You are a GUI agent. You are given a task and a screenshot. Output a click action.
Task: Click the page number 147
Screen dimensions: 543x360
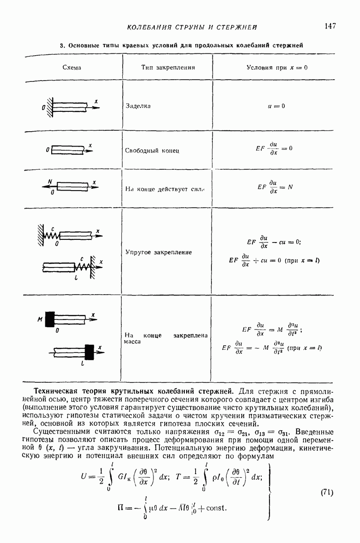tap(330, 26)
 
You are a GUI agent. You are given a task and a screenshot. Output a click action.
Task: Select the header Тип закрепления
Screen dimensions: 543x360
tap(168, 67)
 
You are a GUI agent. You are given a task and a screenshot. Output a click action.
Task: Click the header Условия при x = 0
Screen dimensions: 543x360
tap(277, 67)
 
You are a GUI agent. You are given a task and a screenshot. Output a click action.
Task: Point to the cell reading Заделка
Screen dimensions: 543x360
tap(138, 106)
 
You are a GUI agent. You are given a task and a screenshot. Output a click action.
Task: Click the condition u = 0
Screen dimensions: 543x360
tap(277, 106)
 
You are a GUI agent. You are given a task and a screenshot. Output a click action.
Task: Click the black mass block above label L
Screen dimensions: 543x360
tap(90, 352)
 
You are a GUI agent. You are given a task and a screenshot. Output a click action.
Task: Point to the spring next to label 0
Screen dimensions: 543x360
tap(52, 235)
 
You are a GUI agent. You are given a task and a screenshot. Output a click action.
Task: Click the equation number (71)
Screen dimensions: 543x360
tap(326, 492)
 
